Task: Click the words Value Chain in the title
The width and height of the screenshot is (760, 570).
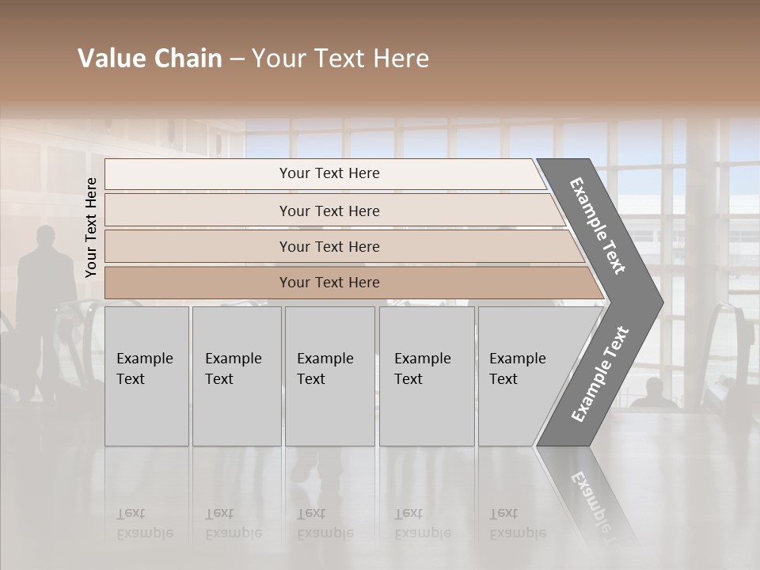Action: [150, 59]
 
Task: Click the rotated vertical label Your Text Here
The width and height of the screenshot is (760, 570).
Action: [91, 227]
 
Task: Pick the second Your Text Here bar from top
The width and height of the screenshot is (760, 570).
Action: [329, 211]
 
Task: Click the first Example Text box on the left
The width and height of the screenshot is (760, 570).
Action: [146, 376]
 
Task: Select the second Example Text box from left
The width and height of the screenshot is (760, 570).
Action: [236, 376]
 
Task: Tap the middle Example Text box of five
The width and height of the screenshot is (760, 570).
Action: [329, 376]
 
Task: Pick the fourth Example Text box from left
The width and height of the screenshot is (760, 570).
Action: [426, 376]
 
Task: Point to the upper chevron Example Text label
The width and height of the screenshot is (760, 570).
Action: [598, 226]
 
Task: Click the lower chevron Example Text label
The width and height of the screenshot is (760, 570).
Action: [600, 374]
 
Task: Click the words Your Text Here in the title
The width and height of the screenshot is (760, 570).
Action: [340, 59]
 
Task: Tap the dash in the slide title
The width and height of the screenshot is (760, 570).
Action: [237, 59]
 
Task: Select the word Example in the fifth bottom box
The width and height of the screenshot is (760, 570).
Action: [517, 359]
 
